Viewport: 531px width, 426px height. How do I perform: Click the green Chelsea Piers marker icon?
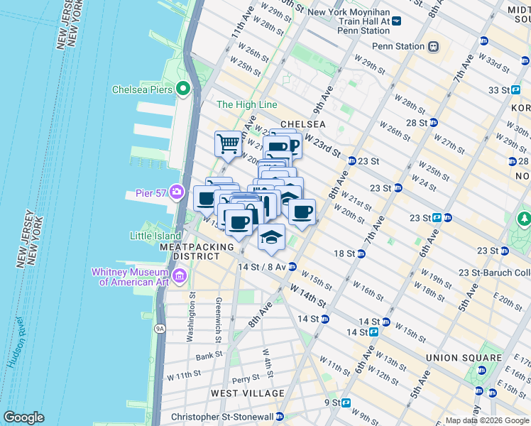pyautogui.click(x=182, y=89)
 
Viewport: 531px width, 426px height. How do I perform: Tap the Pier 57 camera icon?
pyautogui.click(x=176, y=192)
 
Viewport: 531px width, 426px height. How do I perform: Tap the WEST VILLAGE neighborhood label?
pyautogui.click(x=248, y=393)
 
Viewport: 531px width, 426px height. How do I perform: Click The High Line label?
pyautogui.click(x=246, y=104)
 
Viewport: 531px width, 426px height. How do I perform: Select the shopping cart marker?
pyautogui.click(x=227, y=143)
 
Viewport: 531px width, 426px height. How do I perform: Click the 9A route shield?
pyautogui.click(x=160, y=328)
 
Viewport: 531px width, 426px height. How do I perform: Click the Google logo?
pyautogui.click(x=23, y=417)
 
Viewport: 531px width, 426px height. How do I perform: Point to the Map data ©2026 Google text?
pyautogui.click(x=486, y=420)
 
